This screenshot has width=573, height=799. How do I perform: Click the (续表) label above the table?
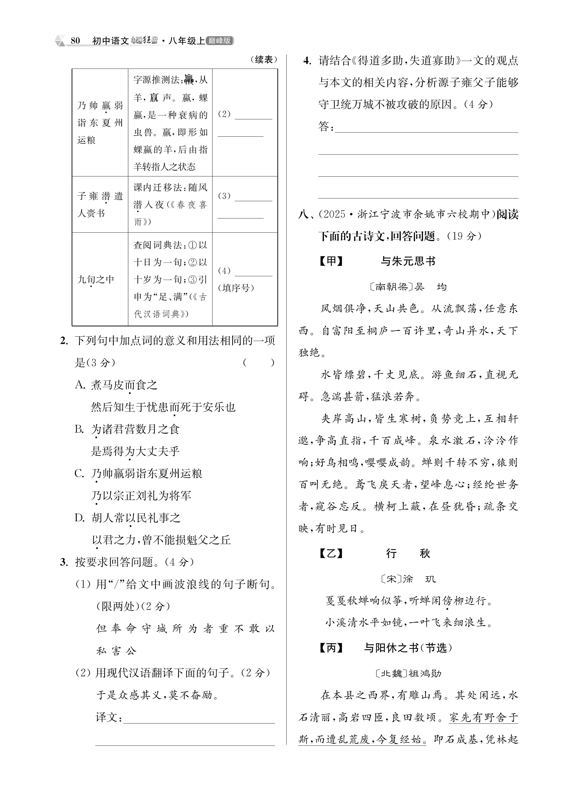[x=264, y=60]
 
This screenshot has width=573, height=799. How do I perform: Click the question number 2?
[x=64, y=341]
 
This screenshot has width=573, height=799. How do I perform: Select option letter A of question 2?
[x=80, y=385]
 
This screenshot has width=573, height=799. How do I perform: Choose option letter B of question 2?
[x=80, y=429]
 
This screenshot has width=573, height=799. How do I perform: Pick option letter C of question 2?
[x=80, y=474]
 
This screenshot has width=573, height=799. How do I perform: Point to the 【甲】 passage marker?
[x=331, y=261]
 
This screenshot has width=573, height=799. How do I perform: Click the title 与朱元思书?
[x=408, y=261]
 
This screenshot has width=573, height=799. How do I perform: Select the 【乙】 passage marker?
[x=331, y=553]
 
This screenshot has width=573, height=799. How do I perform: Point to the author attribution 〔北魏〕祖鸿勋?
[x=408, y=673]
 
